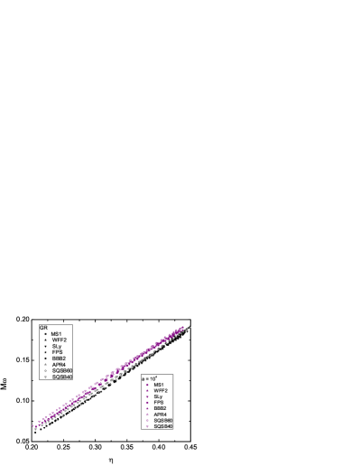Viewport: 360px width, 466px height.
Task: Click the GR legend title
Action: pyautogui.click(x=42, y=327)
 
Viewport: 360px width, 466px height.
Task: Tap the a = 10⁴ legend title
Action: pyautogui.click(x=150, y=378)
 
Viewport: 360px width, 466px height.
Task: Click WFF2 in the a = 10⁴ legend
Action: pyautogui.click(x=160, y=391)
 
